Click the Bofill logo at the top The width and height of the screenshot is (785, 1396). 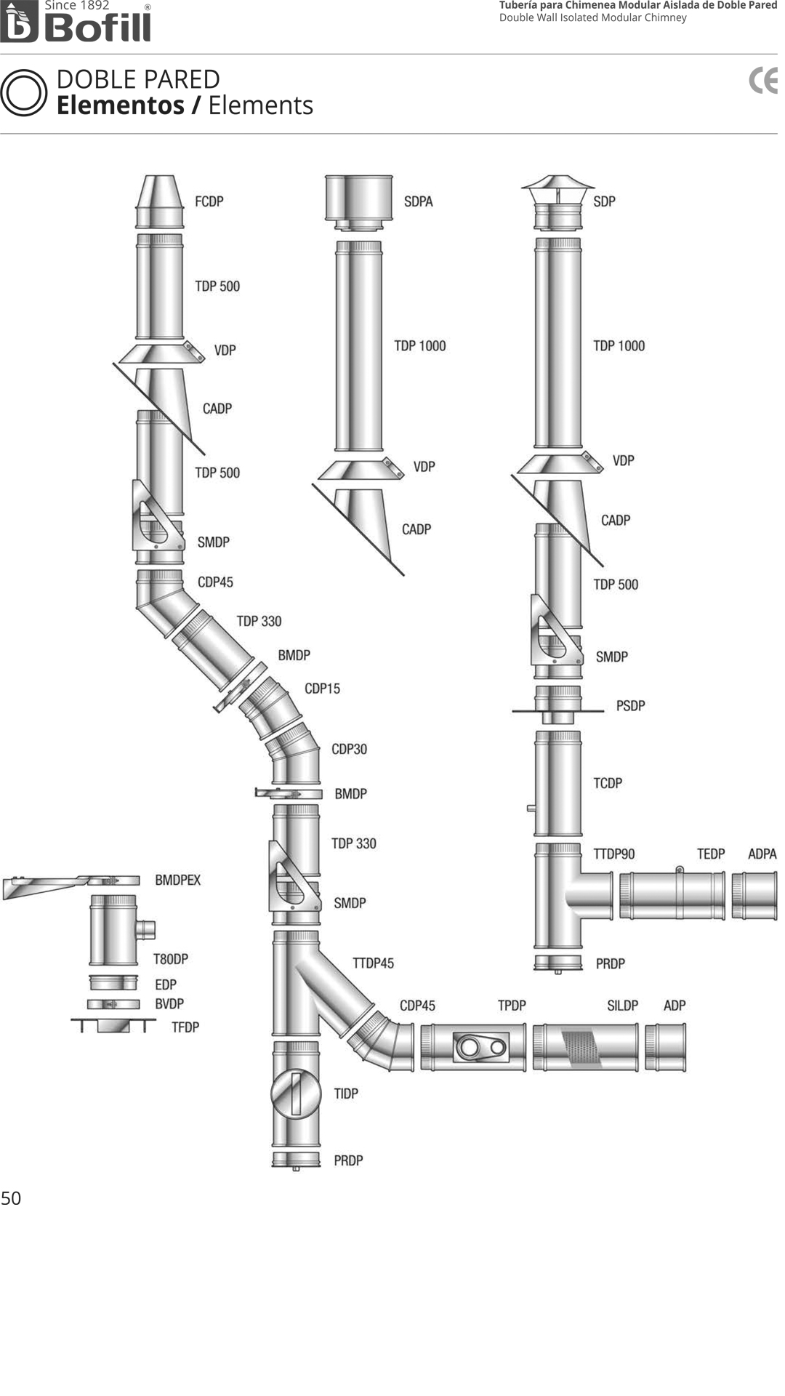pyautogui.click(x=76, y=22)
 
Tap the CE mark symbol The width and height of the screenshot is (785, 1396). pyautogui.click(x=763, y=81)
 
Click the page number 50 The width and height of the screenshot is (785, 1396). pyautogui.click(x=11, y=1198)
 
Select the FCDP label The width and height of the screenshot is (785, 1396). pyautogui.click(x=209, y=201)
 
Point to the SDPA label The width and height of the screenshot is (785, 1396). pyautogui.click(x=419, y=201)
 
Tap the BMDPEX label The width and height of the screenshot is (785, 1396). pyautogui.click(x=178, y=880)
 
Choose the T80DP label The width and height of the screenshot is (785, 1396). pyautogui.click(x=171, y=959)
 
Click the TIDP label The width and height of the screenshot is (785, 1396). pyautogui.click(x=346, y=1094)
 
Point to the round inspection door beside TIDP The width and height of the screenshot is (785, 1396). pyautogui.click(x=296, y=1093)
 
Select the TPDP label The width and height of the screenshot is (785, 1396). pyautogui.click(x=512, y=1006)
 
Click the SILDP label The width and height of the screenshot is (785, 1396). pyautogui.click(x=623, y=1006)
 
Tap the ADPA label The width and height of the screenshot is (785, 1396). pyautogui.click(x=762, y=854)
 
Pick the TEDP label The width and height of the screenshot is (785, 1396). pyautogui.click(x=711, y=854)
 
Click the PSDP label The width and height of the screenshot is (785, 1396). pyautogui.click(x=631, y=705)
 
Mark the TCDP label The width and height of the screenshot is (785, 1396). pyautogui.click(x=608, y=783)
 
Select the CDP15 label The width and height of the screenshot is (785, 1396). pyautogui.click(x=322, y=689)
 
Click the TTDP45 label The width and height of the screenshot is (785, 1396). pyautogui.click(x=374, y=963)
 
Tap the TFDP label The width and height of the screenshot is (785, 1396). pyautogui.click(x=185, y=1027)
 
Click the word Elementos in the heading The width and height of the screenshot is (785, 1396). pyautogui.click(x=121, y=105)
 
